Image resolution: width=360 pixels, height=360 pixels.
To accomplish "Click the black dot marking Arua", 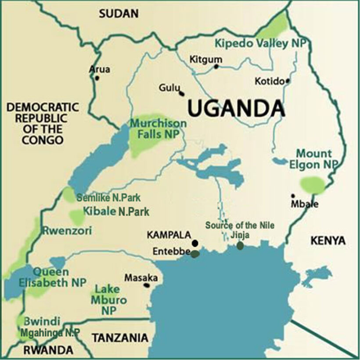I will (97, 78).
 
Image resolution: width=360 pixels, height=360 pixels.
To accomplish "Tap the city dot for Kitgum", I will (216, 67).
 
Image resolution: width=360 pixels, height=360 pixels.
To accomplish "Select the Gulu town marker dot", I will (181, 93).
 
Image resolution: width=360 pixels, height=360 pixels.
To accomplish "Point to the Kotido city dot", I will (288, 81).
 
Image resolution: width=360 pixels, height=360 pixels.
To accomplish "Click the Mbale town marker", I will (293, 196).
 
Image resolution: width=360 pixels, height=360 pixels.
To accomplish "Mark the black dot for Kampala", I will (195, 243).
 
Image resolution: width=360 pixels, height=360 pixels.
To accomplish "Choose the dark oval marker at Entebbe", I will (195, 253).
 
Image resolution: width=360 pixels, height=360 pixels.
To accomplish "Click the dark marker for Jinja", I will (240, 245).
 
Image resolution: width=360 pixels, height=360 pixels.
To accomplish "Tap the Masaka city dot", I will (147, 285).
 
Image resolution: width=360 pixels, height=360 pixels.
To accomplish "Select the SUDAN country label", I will (119, 14).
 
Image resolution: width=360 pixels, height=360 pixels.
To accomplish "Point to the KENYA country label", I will (328, 240).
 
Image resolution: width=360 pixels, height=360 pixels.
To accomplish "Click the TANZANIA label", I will (119, 338).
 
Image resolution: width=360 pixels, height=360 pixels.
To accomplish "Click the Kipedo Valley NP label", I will (262, 43).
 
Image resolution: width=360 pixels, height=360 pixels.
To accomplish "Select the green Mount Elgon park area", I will (313, 185).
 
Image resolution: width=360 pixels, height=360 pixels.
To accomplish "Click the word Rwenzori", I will (67, 230).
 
